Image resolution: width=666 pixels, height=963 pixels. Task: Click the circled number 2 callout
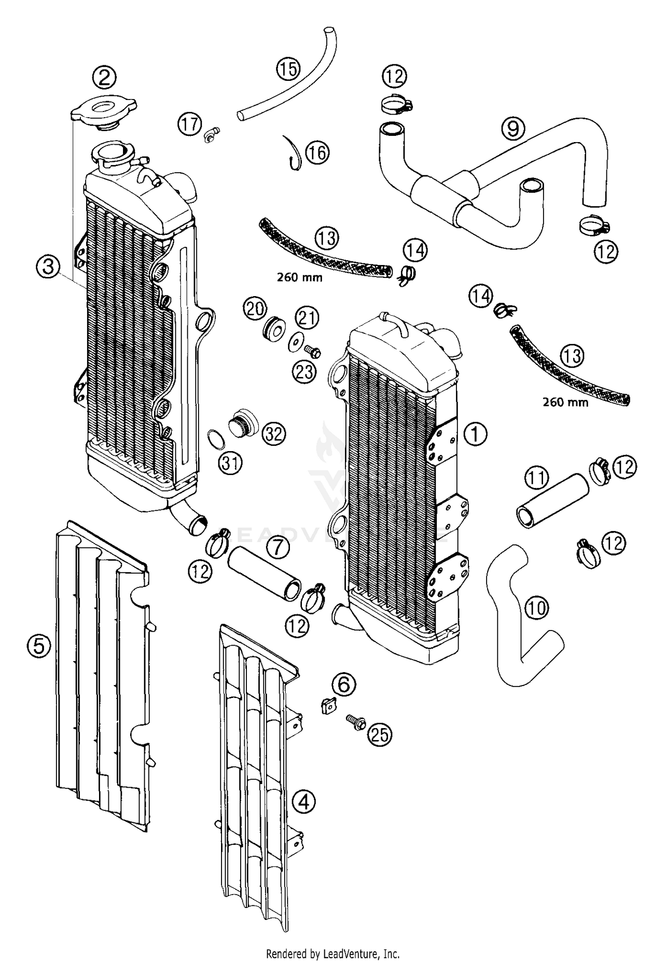[x=104, y=78]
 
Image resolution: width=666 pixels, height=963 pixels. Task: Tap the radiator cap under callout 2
[x=103, y=113]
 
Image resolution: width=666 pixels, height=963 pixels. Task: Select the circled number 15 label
[x=288, y=69]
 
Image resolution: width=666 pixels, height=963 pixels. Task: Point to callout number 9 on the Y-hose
[x=513, y=129]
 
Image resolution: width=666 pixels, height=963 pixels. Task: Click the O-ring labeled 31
[x=216, y=439]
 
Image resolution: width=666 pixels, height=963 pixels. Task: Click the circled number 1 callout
[x=475, y=434]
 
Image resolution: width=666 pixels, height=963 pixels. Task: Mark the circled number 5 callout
[x=39, y=646]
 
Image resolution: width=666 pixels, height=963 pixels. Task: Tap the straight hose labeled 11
[x=552, y=500]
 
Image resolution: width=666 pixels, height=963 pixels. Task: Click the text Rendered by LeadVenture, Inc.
[x=333, y=952]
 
